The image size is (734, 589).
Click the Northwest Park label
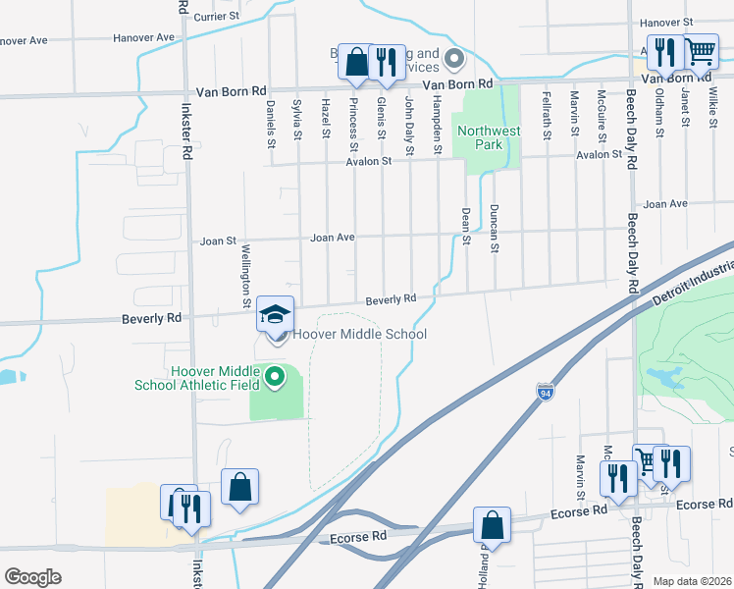click(488, 137)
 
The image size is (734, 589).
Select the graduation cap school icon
click(276, 315)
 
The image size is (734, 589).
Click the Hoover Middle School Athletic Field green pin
click(276, 376)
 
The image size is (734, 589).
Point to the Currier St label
click(217, 17)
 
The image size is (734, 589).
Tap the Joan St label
click(218, 240)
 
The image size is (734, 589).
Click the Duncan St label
click(494, 228)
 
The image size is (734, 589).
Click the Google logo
click(32, 577)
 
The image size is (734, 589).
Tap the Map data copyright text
click(693, 581)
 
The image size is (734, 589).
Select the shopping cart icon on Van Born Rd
click(700, 51)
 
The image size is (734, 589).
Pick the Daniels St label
click(271, 128)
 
